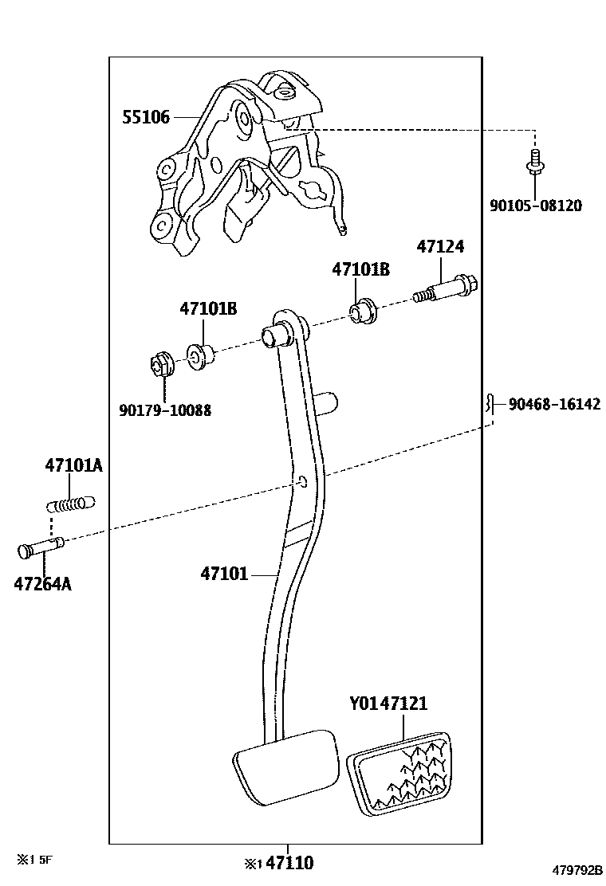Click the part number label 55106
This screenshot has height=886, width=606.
[x=146, y=118]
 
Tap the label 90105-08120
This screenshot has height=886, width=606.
[x=535, y=206]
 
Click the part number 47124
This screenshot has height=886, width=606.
[x=439, y=247]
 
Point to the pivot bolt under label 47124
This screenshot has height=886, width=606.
[x=447, y=288]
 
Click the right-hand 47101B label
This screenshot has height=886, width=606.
[x=360, y=270]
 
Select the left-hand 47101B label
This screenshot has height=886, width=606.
[x=208, y=308]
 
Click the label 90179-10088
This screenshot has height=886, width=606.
[x=165, y=410]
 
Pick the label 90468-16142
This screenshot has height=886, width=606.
[x=550, y=404]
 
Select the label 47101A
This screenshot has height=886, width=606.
[x=73, y=465]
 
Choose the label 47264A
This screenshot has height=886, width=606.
[x=42, y=584]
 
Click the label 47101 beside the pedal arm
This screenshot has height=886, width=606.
[x=224, y=573]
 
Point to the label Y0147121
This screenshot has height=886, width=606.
[x=388, y=704]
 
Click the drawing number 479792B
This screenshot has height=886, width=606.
[x=573, y=870]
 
